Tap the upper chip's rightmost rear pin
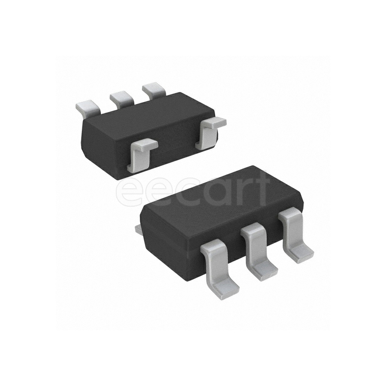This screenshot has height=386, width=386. pos(154,90)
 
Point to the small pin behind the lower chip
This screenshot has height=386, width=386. pos(138,231)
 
